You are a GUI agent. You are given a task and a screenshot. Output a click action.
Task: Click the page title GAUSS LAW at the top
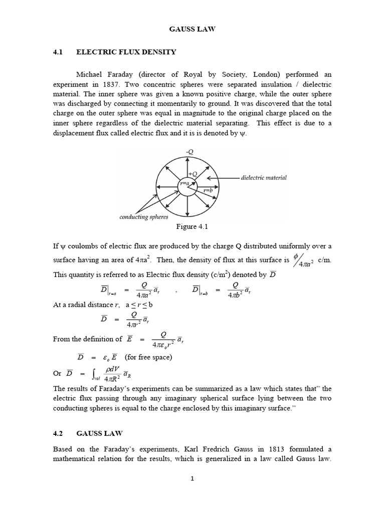click(x=192, y=30)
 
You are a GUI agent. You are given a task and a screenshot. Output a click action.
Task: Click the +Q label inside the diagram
click(x=192, y=174)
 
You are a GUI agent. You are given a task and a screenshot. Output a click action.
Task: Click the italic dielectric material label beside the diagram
click(x=264, y=178)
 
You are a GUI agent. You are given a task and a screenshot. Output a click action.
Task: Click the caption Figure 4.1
click(x=192, y=227)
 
